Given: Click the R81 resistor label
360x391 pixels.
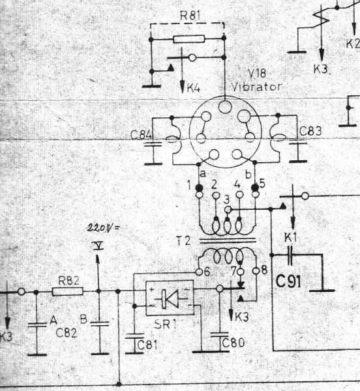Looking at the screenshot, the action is (190, 16).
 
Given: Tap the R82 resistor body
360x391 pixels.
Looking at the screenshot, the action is (68, 291).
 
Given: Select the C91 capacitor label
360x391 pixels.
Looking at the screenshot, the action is (288, 282).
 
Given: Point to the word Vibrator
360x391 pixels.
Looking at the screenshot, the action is (256, 87).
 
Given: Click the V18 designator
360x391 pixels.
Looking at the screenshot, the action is (257, 73).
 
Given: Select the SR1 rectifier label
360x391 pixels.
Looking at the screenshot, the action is (166, 324).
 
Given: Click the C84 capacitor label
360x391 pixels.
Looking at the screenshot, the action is (141, 136).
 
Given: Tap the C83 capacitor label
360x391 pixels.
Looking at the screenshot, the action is (310, 131).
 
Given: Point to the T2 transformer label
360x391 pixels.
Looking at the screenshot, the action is (183, 241).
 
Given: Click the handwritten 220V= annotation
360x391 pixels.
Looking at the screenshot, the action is (103, 228).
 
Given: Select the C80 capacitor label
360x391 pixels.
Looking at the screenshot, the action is (233, 343).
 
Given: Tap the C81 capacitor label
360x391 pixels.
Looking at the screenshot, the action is (147, 345).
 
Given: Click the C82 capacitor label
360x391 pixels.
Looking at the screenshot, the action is (67, 332).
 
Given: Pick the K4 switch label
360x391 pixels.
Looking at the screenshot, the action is (194, 88).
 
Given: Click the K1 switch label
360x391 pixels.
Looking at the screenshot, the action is (291, 238).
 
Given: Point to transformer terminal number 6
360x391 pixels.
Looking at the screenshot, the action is (207, 272).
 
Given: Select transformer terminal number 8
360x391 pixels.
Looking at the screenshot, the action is (264, 270).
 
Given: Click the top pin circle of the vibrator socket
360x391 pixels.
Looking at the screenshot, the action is (225, 106).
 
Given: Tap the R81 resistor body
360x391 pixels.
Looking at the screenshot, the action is (189, 39).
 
